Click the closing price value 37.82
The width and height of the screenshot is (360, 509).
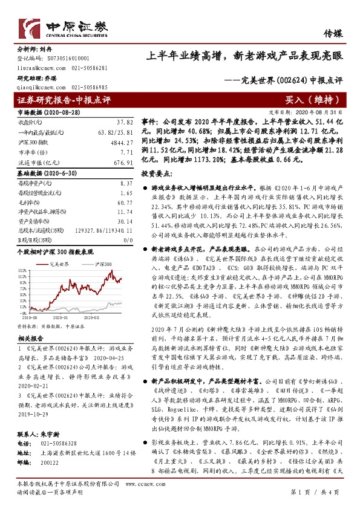pos(124,121)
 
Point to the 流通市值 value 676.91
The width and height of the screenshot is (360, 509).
pos(122,162)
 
